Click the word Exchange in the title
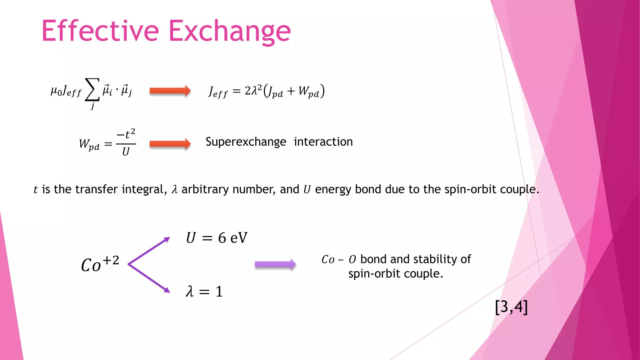tap(230, 31)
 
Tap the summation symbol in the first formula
tap(92, 90)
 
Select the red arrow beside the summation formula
tap(170, 91)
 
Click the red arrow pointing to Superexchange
tap(170, 144)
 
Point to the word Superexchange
tap(246, 142)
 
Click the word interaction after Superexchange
tap(323, 142)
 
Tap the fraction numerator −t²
tap(126, 134)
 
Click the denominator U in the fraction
tap(126, 152)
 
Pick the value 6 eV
tap(232, 238)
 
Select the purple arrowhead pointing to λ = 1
tap(167, 290)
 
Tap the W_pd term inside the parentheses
tap(309, 91)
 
